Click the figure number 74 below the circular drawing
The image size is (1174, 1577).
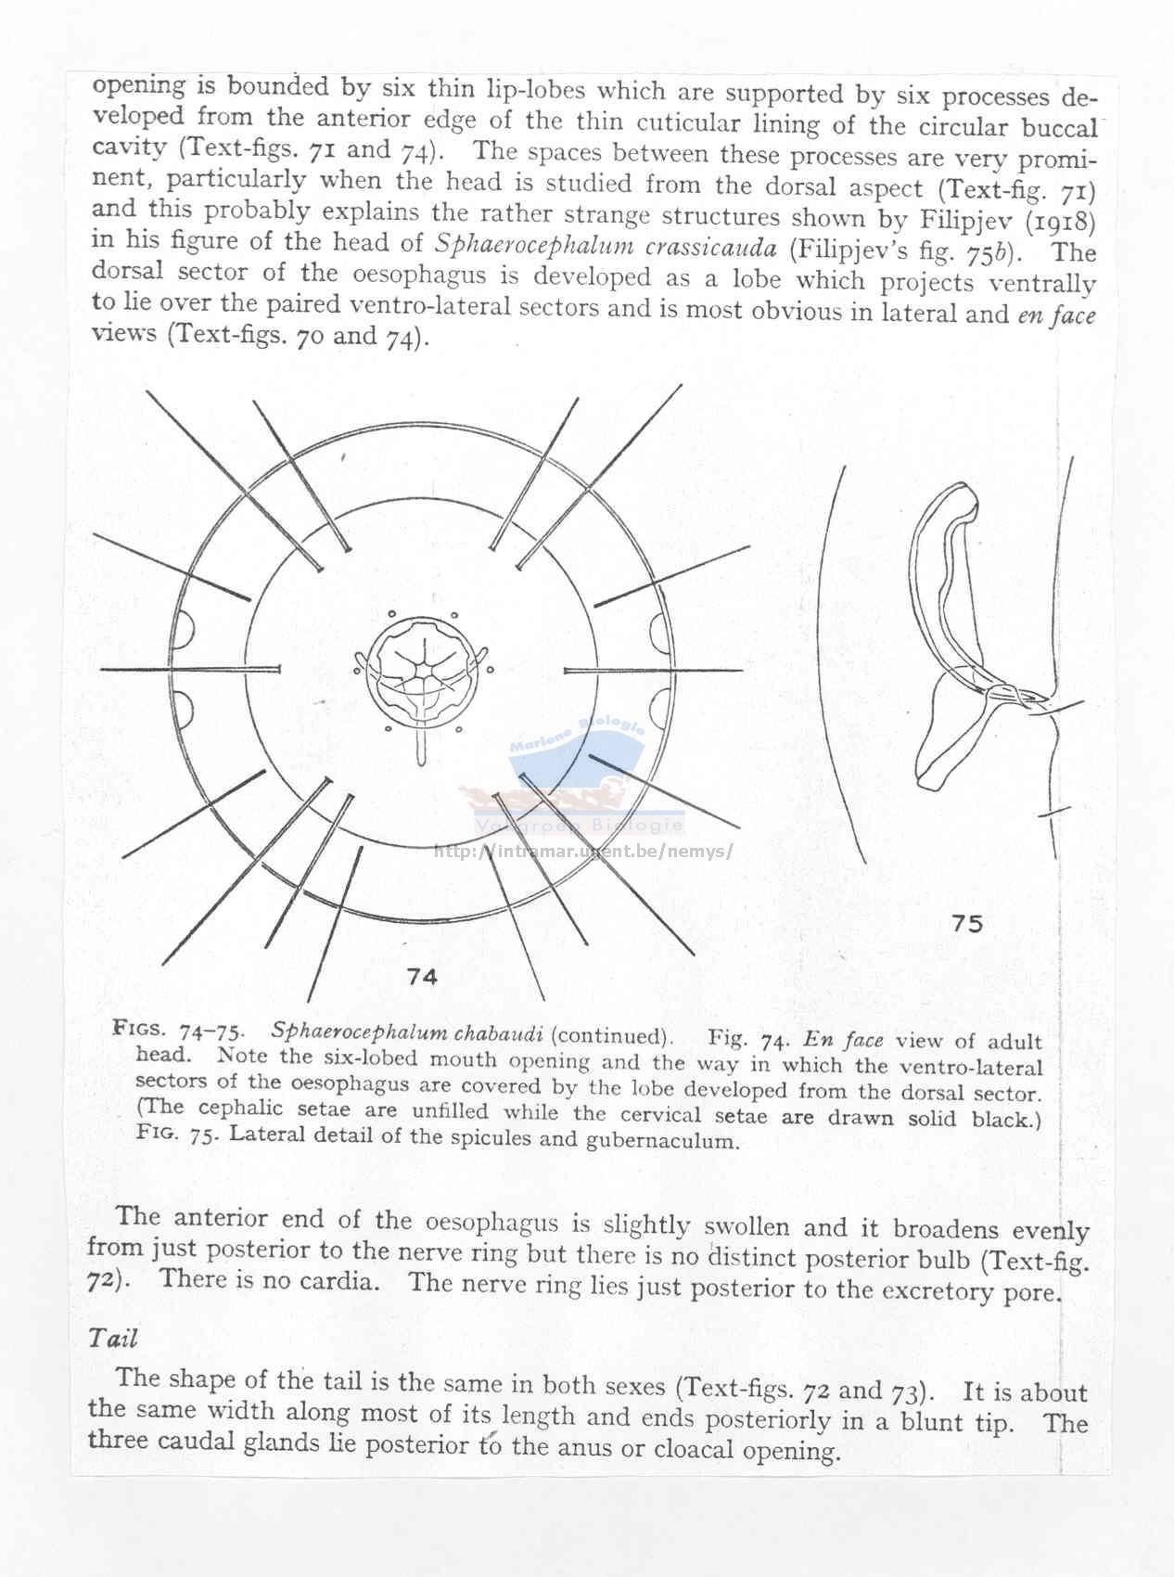422,976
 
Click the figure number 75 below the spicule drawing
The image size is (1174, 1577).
966,923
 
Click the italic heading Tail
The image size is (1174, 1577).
113,1338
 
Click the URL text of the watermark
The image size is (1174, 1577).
583,851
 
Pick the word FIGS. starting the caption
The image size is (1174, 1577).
139,1027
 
